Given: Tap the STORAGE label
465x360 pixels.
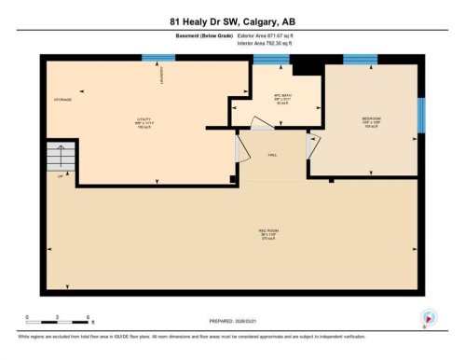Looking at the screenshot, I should [x=62, y=99].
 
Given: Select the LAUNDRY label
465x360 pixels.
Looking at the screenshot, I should [x=163, y=74].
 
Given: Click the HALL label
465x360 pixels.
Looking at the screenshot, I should [x=273, y=155].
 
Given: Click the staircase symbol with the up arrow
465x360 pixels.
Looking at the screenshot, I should [x=62, y=159].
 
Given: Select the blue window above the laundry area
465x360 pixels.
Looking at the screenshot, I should [x=157, y=58].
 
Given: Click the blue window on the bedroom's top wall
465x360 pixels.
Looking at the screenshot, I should [x=360, y=60].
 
